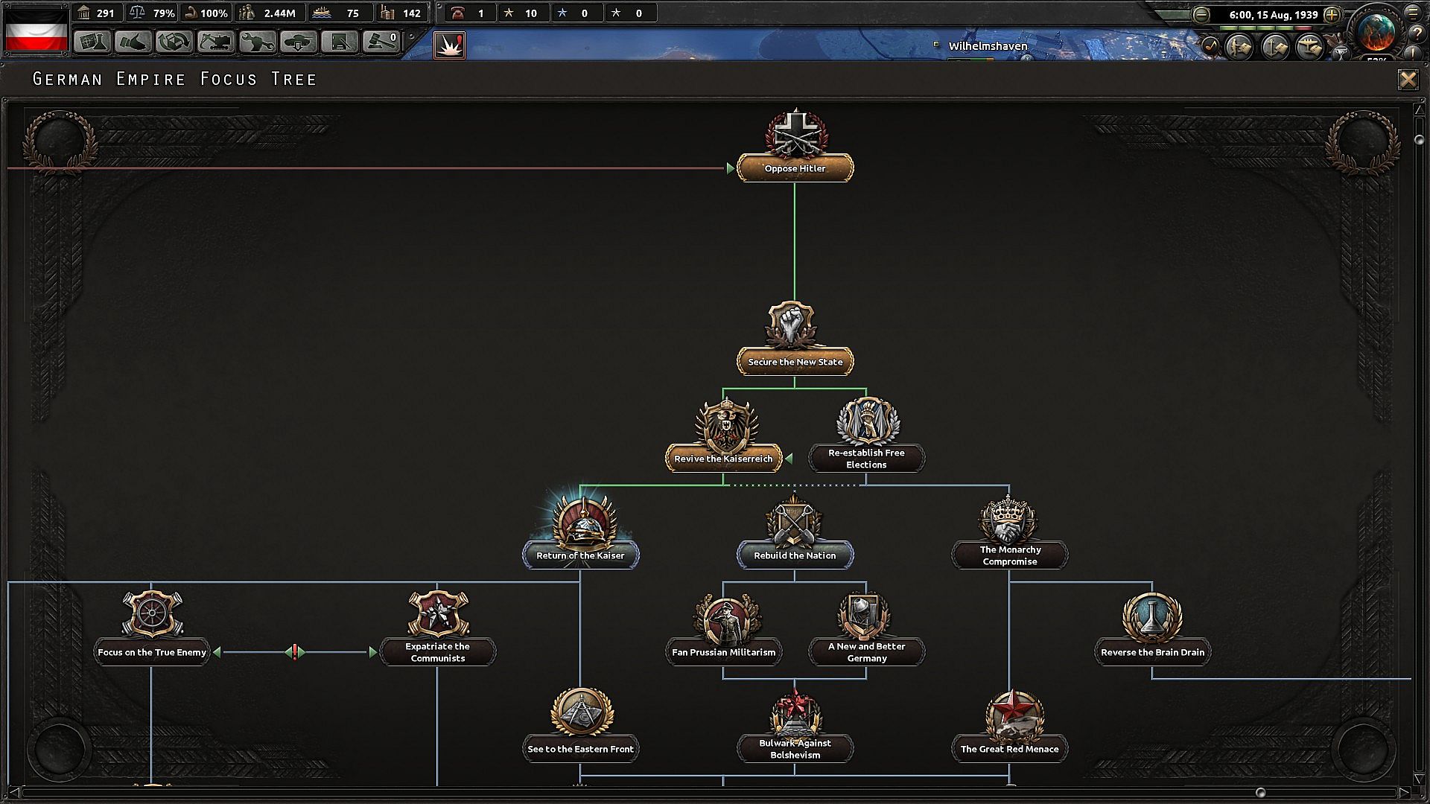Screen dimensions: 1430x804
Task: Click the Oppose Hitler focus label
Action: pos(795,168)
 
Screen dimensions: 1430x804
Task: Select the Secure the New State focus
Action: pos(795,362)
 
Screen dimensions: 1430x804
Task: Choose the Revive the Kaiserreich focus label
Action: pos(723,459)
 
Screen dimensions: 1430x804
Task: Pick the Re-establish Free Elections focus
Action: pos(866,459)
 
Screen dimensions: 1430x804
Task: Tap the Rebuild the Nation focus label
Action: pos(795,555)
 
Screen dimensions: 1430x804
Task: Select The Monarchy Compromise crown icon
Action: pos(1009,519)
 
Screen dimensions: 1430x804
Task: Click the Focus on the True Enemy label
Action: pos(152,652)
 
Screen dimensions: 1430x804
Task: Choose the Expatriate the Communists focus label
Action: pos(437,652)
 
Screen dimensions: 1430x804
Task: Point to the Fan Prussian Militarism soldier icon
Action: pos(723,616)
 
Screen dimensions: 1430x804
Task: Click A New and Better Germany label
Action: pos(866,652)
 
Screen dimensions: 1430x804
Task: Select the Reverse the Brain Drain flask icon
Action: pos(1152,616)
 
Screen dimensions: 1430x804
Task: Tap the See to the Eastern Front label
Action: pos(580,749)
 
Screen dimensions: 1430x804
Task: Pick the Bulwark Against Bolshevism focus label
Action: pos(795,749)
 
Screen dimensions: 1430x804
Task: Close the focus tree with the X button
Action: pos(1408,79)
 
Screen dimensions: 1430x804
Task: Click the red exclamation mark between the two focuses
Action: pos(295,652)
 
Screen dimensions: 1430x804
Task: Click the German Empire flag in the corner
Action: pos(36,30)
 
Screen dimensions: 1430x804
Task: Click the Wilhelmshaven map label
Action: pos(988,46)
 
